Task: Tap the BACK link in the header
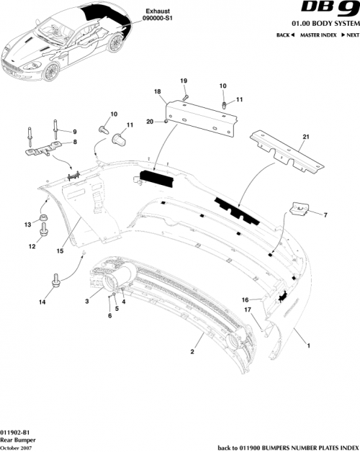(286, 35)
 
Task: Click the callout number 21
(305, 137)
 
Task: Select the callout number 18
(157, 93)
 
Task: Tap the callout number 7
(325, 214)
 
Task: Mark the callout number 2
(192, 352)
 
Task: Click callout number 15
(60, 251)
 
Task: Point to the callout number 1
(310, 345)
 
